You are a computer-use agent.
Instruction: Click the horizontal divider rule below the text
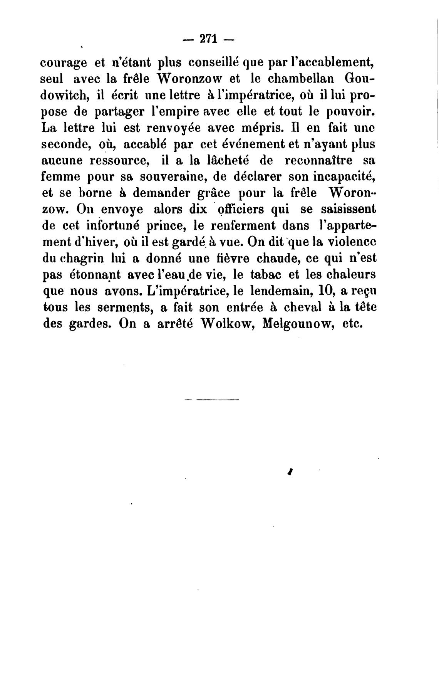212,399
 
